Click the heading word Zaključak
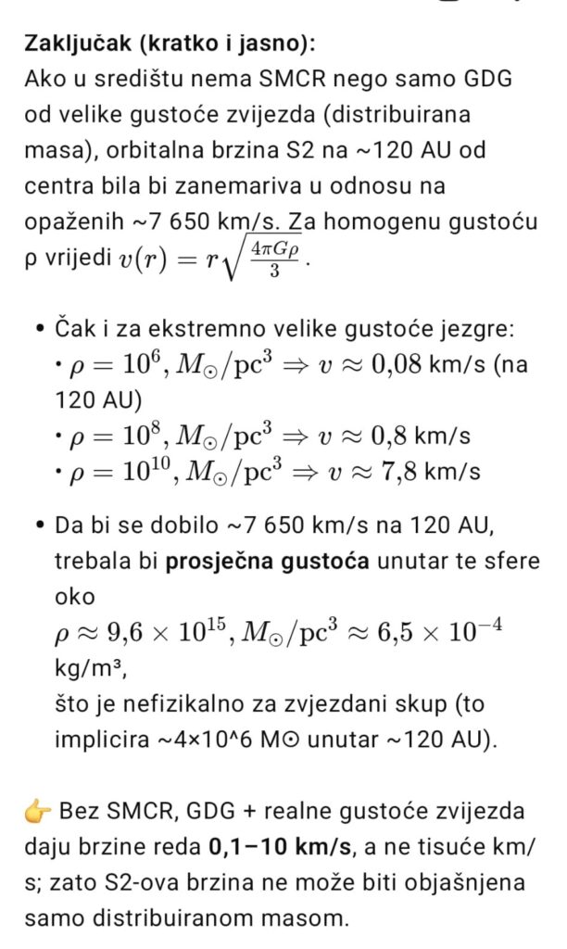[x=78, y=44]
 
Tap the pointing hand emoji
[x=38, y=812]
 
